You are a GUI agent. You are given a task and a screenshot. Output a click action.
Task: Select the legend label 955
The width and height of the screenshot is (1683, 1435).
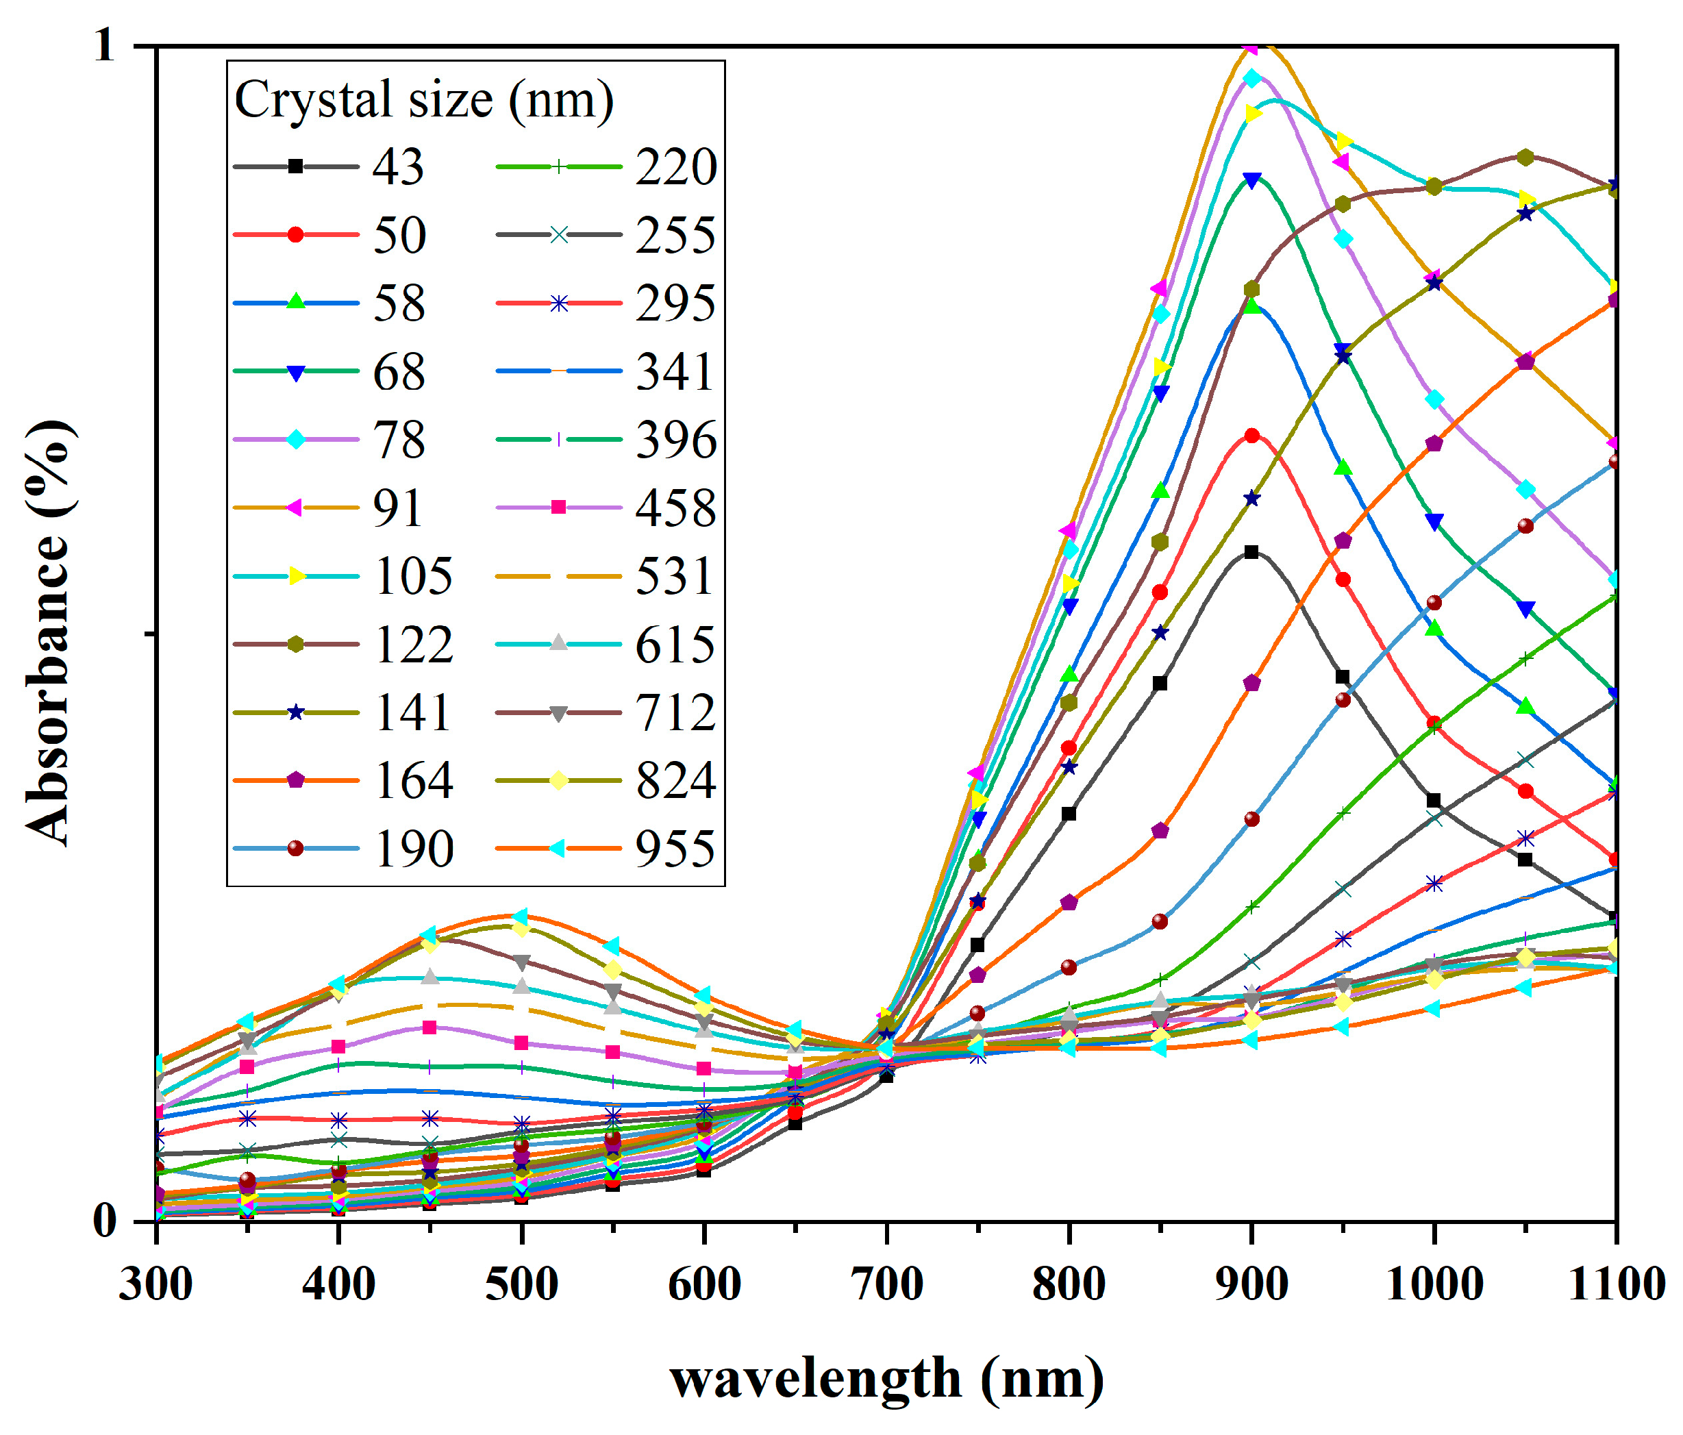[x=675, y=849]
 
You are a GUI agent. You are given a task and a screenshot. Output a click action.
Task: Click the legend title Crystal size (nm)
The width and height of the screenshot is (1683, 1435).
[x=424, y=100]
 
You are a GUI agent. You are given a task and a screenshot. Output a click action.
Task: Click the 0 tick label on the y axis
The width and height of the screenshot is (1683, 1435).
[x=104, y=1220]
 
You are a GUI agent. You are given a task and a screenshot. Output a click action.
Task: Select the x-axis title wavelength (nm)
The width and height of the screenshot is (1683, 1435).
[x=887, y=1378]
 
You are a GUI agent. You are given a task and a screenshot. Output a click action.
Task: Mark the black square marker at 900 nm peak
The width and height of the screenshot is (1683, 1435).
[x=1251, y=552]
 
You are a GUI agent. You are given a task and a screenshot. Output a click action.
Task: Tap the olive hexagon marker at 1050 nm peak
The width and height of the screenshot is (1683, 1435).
[x=1525, y=157]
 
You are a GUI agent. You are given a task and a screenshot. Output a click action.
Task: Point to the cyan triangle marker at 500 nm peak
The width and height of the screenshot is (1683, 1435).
[x=521, y=916]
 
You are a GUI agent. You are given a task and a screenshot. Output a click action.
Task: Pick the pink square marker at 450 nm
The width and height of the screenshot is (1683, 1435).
[x=429, y=1027]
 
